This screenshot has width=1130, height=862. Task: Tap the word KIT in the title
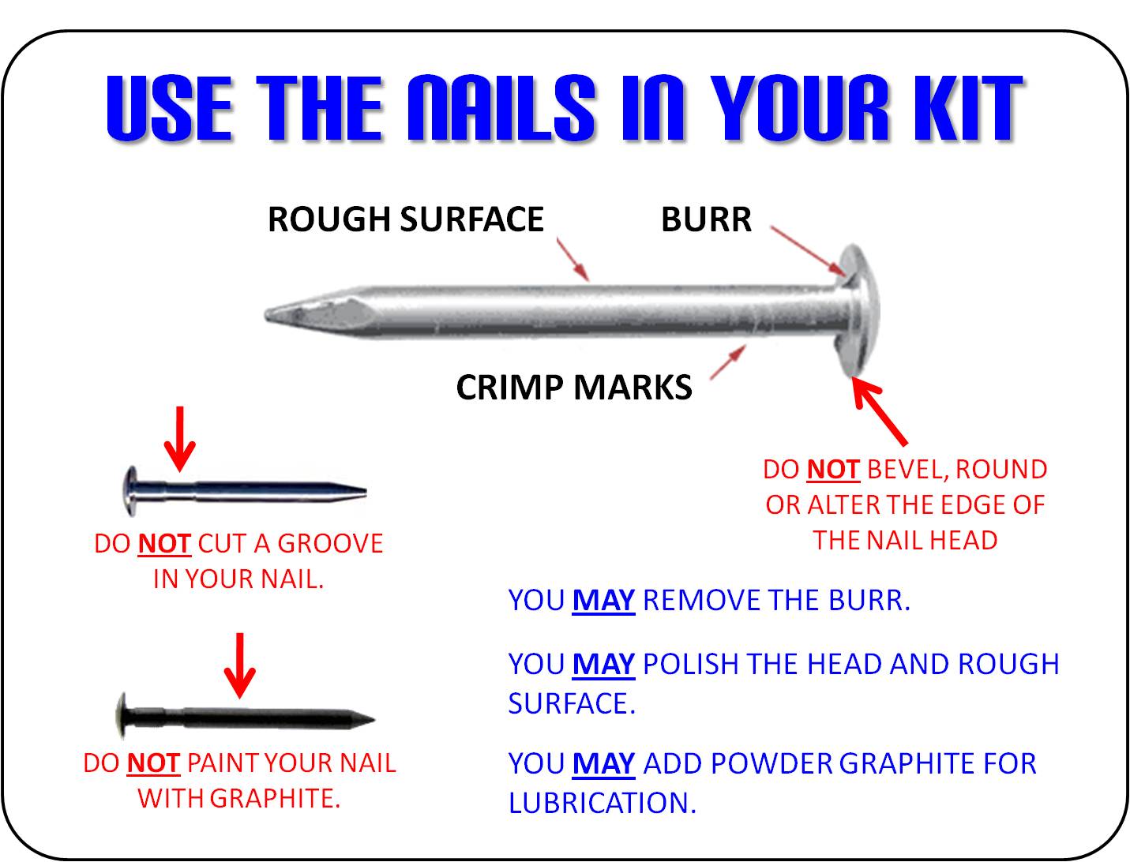point(967,107)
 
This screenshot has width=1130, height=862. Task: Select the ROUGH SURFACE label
point(406,219)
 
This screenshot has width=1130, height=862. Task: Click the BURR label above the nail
point(706,219)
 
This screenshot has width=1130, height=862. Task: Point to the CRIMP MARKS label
point(574,388)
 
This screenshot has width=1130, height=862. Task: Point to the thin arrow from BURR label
point(807,251)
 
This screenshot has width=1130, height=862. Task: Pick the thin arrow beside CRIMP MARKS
point(728,362)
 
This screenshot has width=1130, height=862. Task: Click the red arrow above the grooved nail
point(180,439)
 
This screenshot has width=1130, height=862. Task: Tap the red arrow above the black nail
point(240,666)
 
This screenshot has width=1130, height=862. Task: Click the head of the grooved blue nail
point(132,491)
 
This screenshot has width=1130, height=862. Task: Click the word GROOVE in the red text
point(330,543)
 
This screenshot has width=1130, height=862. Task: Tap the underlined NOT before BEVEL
point(833,470)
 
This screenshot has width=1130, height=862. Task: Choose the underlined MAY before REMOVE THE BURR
point(603,600)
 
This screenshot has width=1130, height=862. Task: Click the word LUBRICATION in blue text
point(603,803)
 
